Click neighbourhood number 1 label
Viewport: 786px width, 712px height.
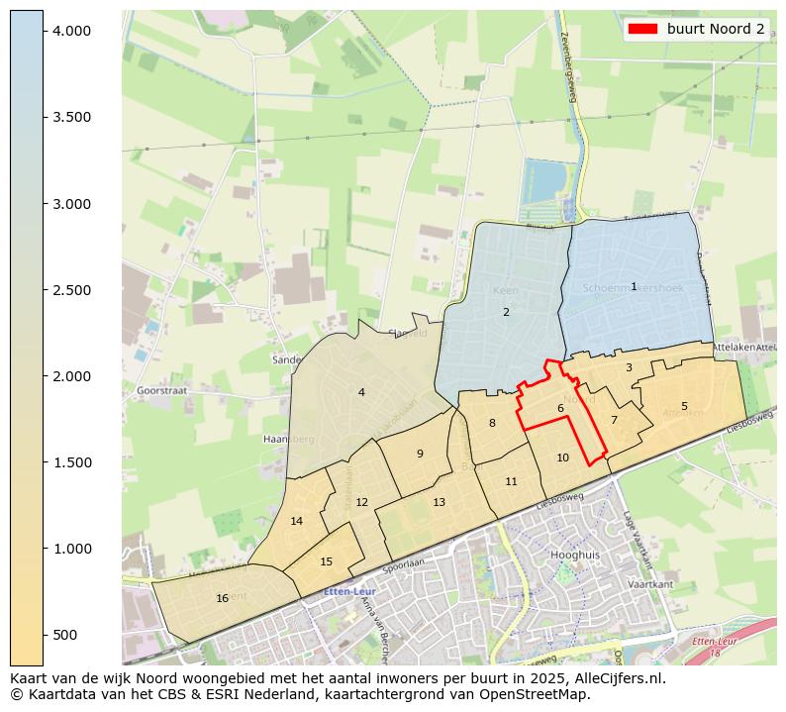point(634,286)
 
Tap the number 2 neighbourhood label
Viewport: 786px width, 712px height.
point(506,312)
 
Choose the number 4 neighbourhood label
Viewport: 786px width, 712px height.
point(361,392)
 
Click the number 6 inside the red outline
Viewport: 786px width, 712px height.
point(560,408)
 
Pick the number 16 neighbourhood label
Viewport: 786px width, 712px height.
point(223,598)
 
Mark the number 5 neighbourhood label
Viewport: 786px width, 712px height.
point(684,406)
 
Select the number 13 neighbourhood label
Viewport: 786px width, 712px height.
point(439,502)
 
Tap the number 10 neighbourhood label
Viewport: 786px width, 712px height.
point(562,458)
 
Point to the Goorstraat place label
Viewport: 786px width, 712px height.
point(157,390)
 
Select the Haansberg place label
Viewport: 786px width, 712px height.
point(288,438)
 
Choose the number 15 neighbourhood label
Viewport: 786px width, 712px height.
point(327,561)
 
